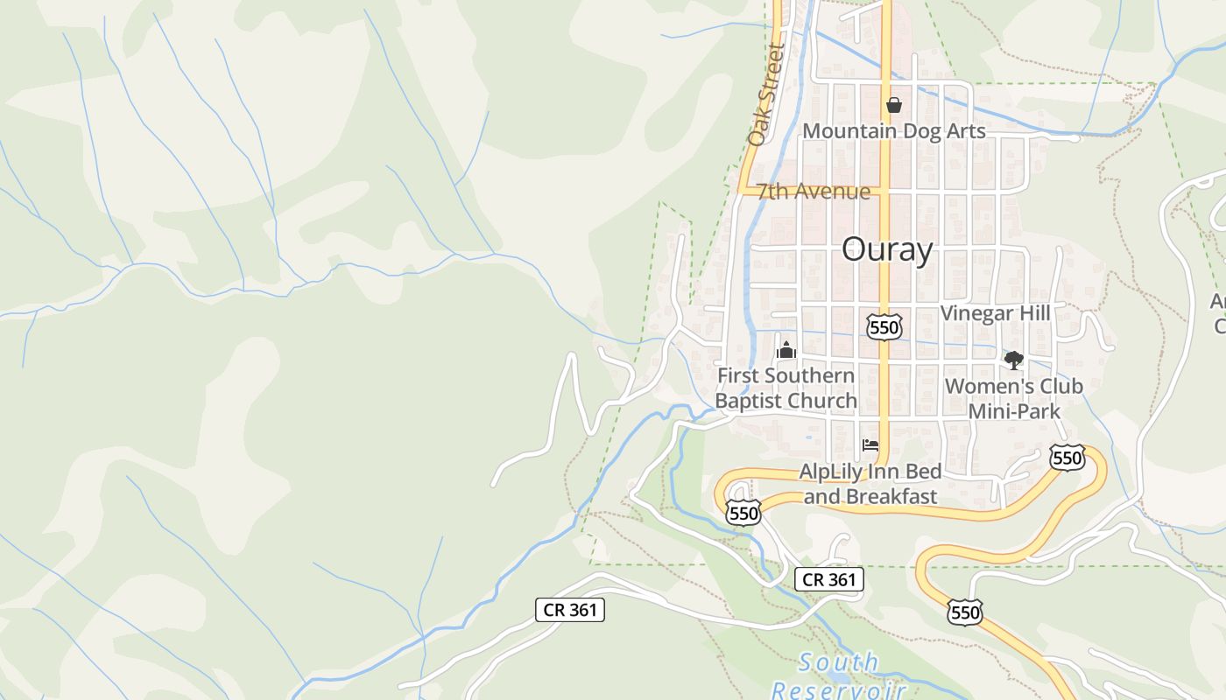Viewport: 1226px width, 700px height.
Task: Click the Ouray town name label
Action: tap(886, 250)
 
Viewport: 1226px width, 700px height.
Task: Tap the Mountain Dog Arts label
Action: tap(894, 131)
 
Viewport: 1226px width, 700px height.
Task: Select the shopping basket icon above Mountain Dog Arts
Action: tap(893, 105)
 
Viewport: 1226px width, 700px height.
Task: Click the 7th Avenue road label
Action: tap(814, 192)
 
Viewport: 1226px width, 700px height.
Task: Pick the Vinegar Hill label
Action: tap(995, 313)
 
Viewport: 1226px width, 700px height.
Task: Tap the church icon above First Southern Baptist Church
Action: tap(786, 351)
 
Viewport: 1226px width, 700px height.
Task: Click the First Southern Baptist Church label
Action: tap(786, 388)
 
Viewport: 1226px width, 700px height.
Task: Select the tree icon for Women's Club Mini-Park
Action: tap(1014, 359)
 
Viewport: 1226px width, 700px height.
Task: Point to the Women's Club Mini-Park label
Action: tap(1014, 398)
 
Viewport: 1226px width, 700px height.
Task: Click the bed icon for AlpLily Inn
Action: tap(870, 445)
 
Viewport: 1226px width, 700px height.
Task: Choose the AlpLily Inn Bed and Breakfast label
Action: tap(870, 485)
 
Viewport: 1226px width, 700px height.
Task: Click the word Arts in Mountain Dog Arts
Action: tap(965, 131)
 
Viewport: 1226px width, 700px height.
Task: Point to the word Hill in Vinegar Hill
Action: tap(1034, 313)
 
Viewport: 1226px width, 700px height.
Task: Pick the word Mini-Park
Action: tap(1014, 411)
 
